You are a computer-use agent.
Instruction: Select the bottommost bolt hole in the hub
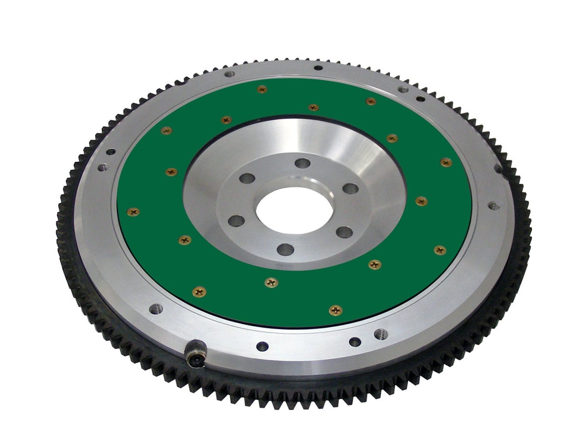pyautogui.click(x=285, y=249)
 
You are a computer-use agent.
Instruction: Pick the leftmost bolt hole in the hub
pyautogui.click(x=236, y=221)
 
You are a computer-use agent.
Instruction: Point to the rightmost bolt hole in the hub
pyautogui.click(x=350, y=188)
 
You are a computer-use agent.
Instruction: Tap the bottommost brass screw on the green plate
pyautogui.click(x=336, y=310)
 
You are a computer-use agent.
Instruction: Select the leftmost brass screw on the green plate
pyautogui.click(x=133, y=211)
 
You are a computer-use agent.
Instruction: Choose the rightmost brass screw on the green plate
pyautogui.click(x=446, y=162)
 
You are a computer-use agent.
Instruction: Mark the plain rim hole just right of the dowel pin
pyautogui.click(x=262, y=346)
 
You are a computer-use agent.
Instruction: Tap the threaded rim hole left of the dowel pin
pyautogui.click(x=156, y=308)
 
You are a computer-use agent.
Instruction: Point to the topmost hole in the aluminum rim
pyautogui.click(x=318, y=68)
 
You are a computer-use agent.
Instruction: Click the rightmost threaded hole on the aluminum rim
pyautogui.click(x=493, y=206)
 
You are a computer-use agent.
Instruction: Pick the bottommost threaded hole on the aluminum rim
pyautogui.click(x=380, y=334)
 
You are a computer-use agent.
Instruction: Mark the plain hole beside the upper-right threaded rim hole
pyautogui.click(x=420, y=98)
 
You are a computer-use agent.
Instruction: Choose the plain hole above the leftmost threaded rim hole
pyautogui.click(x=109, y=152)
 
